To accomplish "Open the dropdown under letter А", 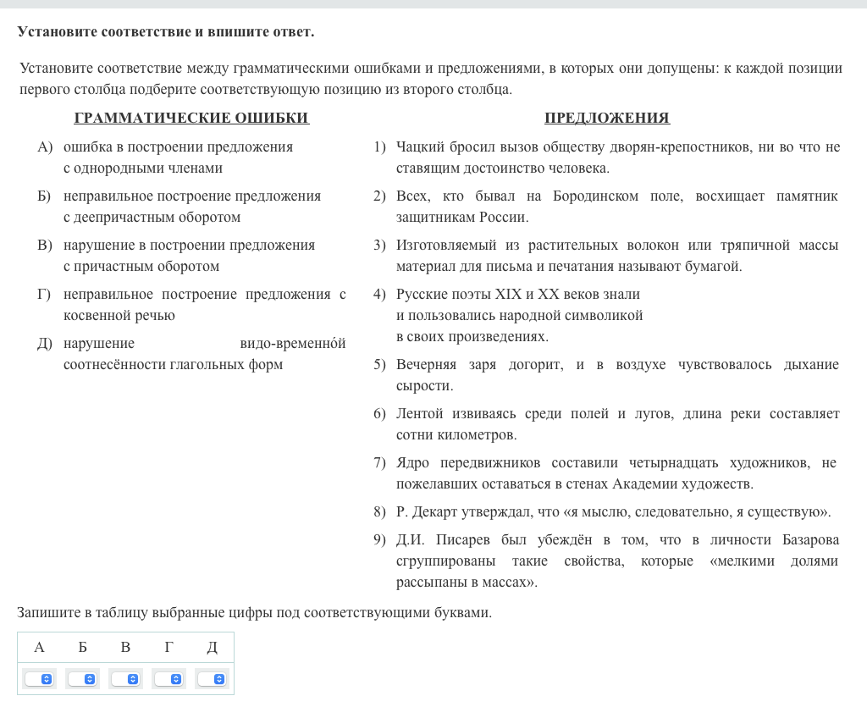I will [x=39, y=679].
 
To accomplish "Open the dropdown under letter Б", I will [x=82, y=679].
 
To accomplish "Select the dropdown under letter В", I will [x=125, y=679].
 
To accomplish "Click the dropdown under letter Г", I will [x=168, y=679].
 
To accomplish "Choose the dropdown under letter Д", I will [x=212, y=679].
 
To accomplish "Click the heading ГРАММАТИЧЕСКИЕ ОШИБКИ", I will [x=191, y=118].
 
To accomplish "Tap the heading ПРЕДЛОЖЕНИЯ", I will [x=607, y=118].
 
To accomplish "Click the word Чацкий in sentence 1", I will [x=420, y=147].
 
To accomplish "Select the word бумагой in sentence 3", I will [x=717, y=267].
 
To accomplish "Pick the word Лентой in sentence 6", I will [x=417, y=414].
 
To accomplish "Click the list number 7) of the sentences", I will [x=379, y=463].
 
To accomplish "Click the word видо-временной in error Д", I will [x=293, y=344].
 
